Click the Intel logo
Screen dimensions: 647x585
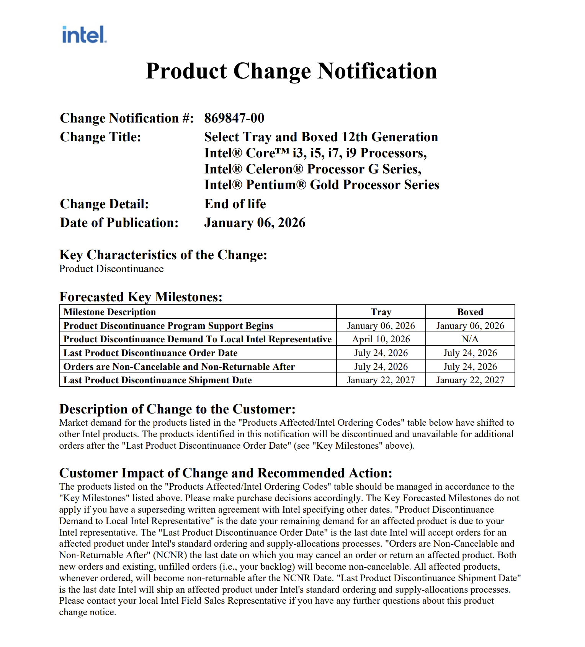(x=84, y=35)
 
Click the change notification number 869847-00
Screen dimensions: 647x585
(x=234, y=118)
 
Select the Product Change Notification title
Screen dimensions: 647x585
(x=291, y=71)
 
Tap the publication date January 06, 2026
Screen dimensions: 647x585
(x=255, y=223)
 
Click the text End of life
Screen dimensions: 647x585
(x=235, y=204)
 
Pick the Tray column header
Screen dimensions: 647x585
(x=381, y=312)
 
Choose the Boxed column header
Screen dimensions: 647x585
(x=470, y=312)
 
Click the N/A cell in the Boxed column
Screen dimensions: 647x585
(x=470, y=339)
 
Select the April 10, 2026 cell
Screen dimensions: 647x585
(x=381, y=339)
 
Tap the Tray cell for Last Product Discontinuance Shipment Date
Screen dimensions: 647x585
(x=381, y=380)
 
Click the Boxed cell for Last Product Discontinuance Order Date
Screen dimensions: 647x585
(x=470, y=353)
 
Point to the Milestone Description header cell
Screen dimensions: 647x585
(x=110, y=312)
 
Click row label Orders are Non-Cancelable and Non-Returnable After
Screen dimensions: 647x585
(x=179, y=367)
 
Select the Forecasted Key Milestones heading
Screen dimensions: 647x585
(x=141, y=297)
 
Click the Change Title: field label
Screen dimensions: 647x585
(x=101, y=137)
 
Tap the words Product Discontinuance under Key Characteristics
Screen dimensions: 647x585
(x=111, y=269)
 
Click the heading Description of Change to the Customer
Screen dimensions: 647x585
(x=177, y=409)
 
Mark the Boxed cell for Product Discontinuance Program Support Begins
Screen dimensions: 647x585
(x=470, y=326)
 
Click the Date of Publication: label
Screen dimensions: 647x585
(x=119, y=223)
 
